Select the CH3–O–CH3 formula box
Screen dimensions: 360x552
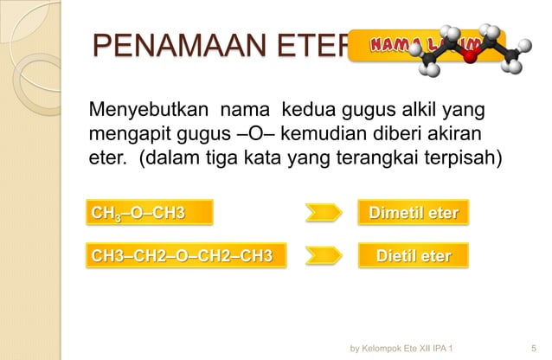[x=138, y=212]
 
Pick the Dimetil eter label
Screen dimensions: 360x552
[x=413, y=212]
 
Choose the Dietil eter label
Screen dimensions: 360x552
[x=413, y=256]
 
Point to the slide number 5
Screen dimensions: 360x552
[x=532, y=345]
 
